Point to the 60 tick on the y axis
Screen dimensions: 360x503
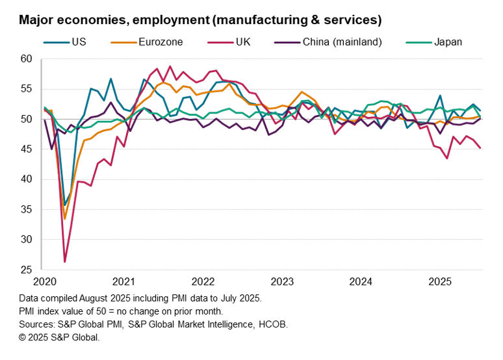(25, 59)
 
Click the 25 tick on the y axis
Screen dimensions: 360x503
(25, 270)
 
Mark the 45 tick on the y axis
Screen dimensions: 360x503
(25, 149)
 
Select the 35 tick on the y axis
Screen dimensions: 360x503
(25, 209)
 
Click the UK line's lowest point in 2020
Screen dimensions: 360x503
(65, 262)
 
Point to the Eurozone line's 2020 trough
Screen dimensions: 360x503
(65, 219)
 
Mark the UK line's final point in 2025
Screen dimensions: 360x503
(480, 148)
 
